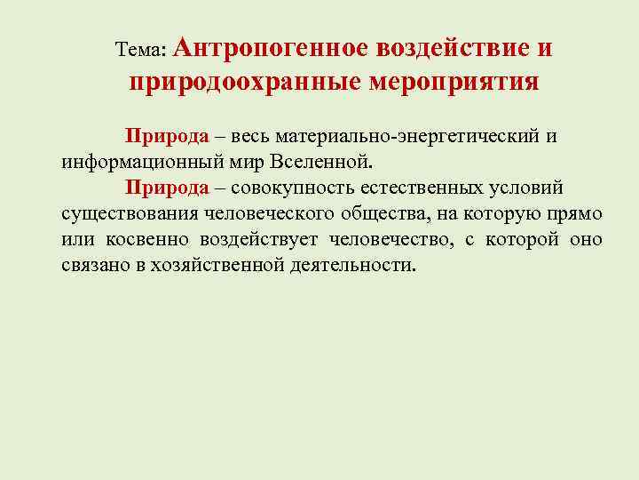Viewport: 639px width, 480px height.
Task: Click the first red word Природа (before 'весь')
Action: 167,138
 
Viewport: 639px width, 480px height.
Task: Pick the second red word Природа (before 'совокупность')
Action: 167,188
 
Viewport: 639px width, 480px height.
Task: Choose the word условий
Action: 532,188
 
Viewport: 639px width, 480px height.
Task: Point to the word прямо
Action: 577,214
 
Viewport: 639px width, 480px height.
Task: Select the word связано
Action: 93,266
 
